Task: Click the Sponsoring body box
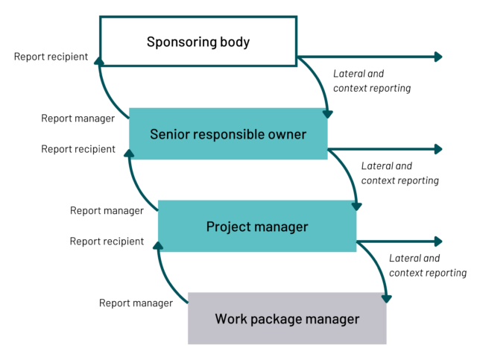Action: tap(198, 42)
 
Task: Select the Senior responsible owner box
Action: tap(228, 134)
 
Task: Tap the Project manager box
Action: tap(256, 227)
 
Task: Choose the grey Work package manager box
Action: tap(287, 319)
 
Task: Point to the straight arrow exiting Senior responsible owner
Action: tap(384, 149)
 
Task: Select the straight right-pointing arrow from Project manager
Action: tap(399, 241)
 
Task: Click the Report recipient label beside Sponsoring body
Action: tap(51, 57)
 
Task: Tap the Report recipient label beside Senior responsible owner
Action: tap(79, 149)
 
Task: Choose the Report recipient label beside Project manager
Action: tap(107, 241)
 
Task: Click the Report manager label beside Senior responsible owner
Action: tap(79, 119)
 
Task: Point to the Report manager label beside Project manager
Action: tap(107, 211)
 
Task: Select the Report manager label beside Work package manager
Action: tap(136, 303)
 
